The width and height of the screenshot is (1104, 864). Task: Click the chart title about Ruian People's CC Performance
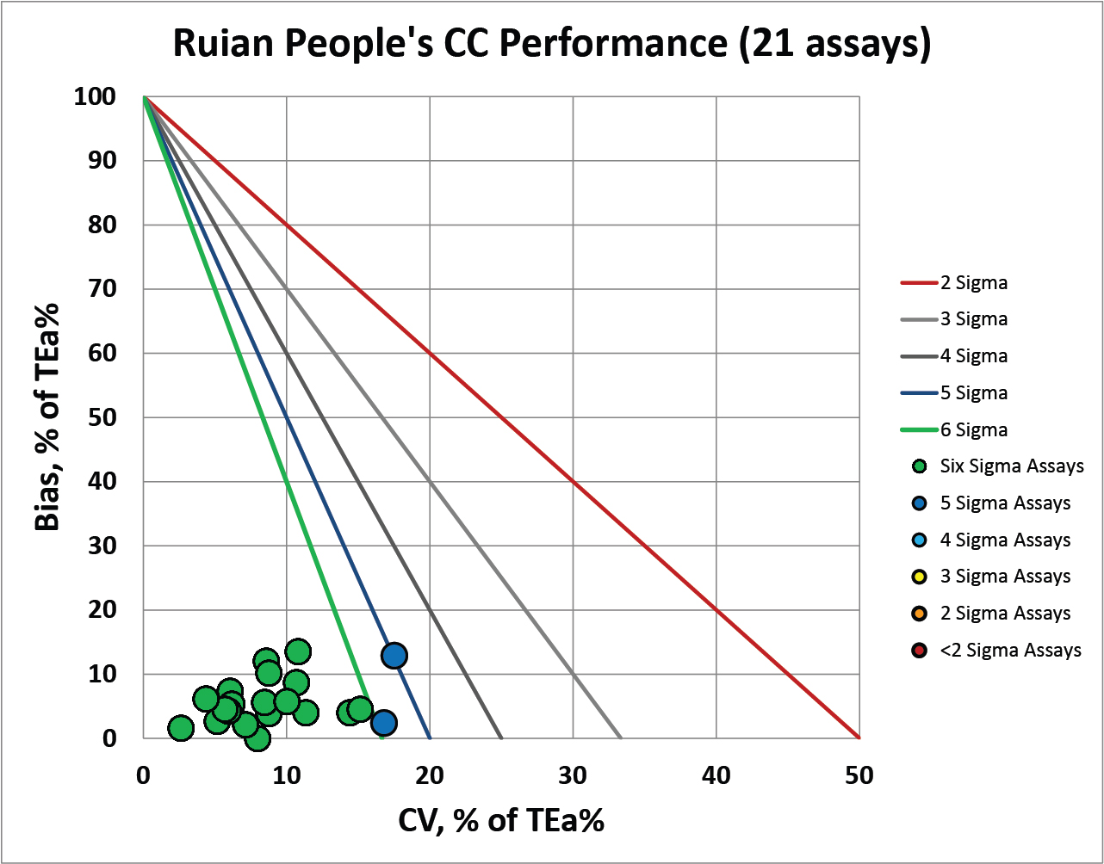(551, 43)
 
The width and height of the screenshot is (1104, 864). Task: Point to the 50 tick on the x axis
(859, 775)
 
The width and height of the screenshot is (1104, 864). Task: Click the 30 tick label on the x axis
(573, 775)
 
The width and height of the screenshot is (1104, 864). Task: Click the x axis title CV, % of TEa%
(501, 820)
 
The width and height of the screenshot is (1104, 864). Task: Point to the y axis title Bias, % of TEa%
(47, 417)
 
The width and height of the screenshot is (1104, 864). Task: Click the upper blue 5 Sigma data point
(394, 656)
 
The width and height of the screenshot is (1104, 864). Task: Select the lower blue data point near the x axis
(384, 722)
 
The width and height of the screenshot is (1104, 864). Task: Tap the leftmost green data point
(180, 728)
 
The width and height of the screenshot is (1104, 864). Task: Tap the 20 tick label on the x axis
(430, 775)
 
